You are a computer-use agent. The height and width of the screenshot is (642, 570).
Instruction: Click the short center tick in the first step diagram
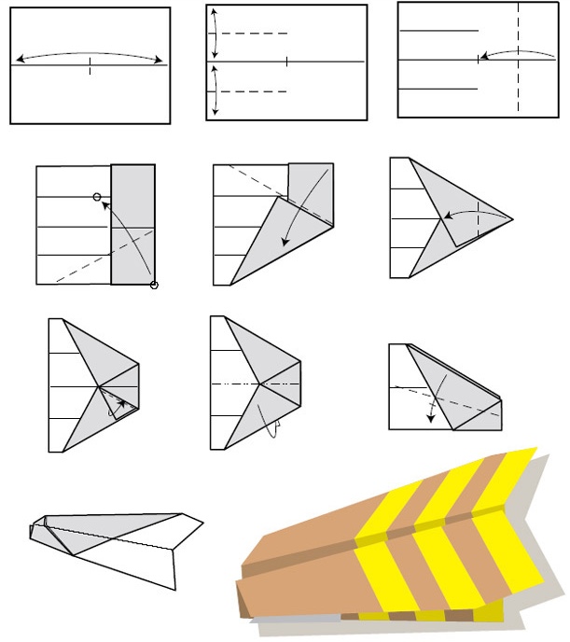(90, 65)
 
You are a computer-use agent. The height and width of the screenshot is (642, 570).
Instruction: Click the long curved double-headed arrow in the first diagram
(90, 54)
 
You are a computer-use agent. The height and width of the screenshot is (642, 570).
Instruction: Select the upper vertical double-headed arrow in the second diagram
(215, 33)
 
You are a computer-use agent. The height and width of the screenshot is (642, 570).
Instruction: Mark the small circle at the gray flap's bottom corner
(154, 286)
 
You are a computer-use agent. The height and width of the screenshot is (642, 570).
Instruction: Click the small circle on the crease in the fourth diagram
(97, 197)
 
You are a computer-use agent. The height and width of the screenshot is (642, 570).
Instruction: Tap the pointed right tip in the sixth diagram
(512, 217)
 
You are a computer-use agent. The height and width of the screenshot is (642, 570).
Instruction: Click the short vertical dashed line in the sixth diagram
(478, 219)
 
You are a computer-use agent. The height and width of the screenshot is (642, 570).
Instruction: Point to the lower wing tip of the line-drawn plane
(175, 589)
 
